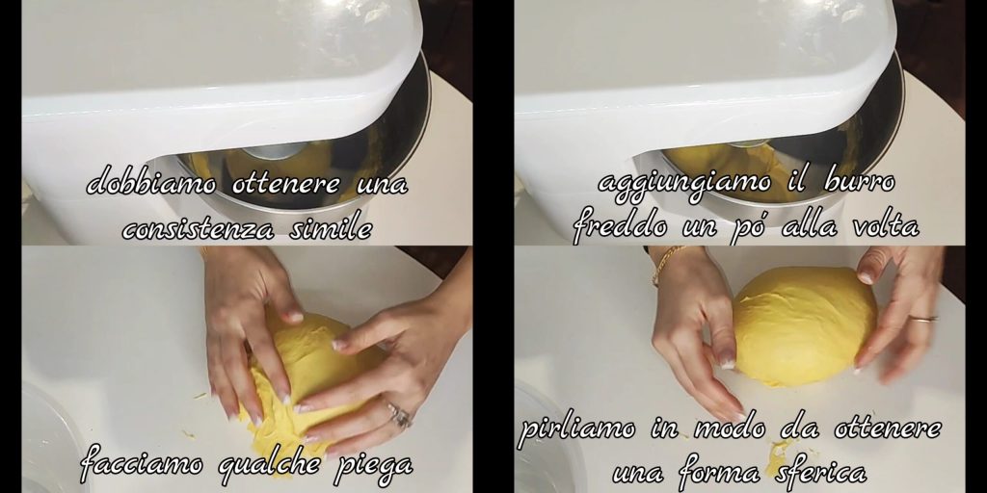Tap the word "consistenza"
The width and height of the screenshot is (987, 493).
[x=199, y=229]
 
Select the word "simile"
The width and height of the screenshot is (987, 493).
[x=331, y=227]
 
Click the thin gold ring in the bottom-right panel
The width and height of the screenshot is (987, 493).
[x=922, y=318]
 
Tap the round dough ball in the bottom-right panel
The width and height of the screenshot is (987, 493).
[x=804, y=325]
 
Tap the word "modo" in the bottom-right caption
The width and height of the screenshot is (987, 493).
[x=731, y=429]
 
